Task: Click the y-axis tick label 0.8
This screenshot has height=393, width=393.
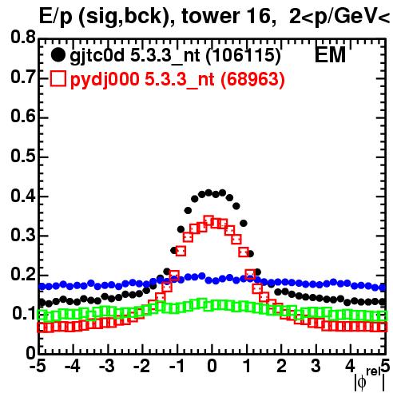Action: (23, 38)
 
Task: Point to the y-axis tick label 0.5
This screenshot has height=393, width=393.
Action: (23, 156)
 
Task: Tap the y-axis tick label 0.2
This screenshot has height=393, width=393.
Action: (23, 274)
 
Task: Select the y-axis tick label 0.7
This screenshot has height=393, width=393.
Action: (23, 77)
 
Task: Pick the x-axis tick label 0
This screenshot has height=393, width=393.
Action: (212, 366)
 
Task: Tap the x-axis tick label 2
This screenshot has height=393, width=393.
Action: (281, 366)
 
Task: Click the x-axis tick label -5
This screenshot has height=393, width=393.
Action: (38, 366)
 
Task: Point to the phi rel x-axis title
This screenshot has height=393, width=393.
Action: (370, 379)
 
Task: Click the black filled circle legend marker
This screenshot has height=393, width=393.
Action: (58, 55)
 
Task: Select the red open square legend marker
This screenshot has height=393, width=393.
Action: (58, 78)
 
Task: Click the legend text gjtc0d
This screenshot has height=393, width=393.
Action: (97, 56)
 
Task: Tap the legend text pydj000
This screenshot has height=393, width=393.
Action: (105, 79)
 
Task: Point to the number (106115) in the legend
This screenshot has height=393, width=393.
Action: (244, 56)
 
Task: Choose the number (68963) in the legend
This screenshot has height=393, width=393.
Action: (252, 79)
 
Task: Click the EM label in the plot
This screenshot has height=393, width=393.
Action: (330, 54)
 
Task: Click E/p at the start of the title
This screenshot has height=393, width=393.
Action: (55, 17)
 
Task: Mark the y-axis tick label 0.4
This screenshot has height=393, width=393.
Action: (23, 196)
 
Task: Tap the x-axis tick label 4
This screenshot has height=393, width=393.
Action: (350, 366)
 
